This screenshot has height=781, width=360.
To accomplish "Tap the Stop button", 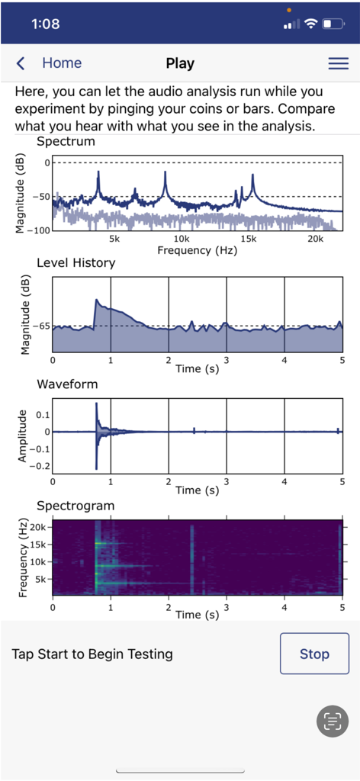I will click(x=314, y=654).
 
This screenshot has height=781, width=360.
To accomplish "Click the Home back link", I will click(x=50, y=63).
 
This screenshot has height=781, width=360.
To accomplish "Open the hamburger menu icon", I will click(x=338, y=63).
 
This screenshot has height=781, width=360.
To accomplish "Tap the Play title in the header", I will click(x=180, y=63).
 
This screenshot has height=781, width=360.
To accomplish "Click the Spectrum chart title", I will click(x=66, y=142).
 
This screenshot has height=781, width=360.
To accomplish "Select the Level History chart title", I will click(x=76, y=263).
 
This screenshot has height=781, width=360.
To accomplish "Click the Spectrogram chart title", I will click(x=76, y=506).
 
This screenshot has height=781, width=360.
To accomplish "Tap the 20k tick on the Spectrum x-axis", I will click(x=315, y=239).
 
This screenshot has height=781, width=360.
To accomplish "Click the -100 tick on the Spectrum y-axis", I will click(x=37, y=230).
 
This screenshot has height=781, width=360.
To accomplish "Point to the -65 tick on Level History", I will click(x=40, y=326).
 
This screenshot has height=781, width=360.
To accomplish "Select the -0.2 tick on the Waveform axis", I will click(x=38, y=465).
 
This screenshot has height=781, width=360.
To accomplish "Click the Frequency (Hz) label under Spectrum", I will click(x=197, y=250).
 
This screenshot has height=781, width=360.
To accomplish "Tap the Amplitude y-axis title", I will click(x=21, y=435).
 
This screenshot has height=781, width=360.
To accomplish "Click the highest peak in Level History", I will click(x=96, y=300).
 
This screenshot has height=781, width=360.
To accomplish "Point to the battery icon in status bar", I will click(x=333, y=24).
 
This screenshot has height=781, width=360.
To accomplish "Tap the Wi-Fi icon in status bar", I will click(x=310, y=24).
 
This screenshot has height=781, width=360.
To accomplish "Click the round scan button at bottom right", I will click(x=332, y=721).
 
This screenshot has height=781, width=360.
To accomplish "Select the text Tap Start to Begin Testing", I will click(x=92, y=654).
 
